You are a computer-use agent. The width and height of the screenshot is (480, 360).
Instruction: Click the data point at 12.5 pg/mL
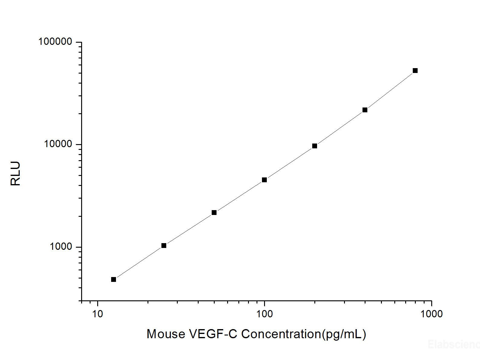(x=114, y=279)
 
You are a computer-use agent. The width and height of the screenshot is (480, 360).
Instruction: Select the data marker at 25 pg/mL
(x=164, y=246)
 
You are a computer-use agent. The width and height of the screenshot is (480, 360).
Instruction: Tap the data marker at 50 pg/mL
(x=214, y=213)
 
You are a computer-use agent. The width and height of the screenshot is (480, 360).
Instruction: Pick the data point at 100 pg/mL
(x=264, y=180)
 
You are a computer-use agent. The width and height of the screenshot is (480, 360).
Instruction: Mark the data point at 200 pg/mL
(x=315, y=146)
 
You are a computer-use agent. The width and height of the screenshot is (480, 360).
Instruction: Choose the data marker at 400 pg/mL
(x=365, y=110)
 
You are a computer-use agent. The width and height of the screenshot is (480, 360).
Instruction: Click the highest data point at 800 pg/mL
(x=415, y=71)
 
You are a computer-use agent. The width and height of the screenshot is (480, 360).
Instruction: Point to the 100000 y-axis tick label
(x=55, y=42)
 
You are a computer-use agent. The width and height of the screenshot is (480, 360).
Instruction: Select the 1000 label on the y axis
(x=61, y=247)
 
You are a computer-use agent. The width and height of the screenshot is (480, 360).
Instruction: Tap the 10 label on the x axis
(x=98, y=314)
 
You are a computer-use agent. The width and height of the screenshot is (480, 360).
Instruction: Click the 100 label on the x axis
(x=264, y=314)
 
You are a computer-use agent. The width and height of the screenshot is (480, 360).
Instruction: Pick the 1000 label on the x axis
(x=432, y=314)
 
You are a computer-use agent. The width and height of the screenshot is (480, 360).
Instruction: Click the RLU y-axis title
(x=15, y=173)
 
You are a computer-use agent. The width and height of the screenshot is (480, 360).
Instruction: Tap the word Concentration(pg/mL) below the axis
(x=304, y=334)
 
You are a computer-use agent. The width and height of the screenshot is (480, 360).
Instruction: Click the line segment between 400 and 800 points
(x=390, y=91)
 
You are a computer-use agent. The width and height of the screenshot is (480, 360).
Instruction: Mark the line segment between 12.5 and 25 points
(x=139, y=263)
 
